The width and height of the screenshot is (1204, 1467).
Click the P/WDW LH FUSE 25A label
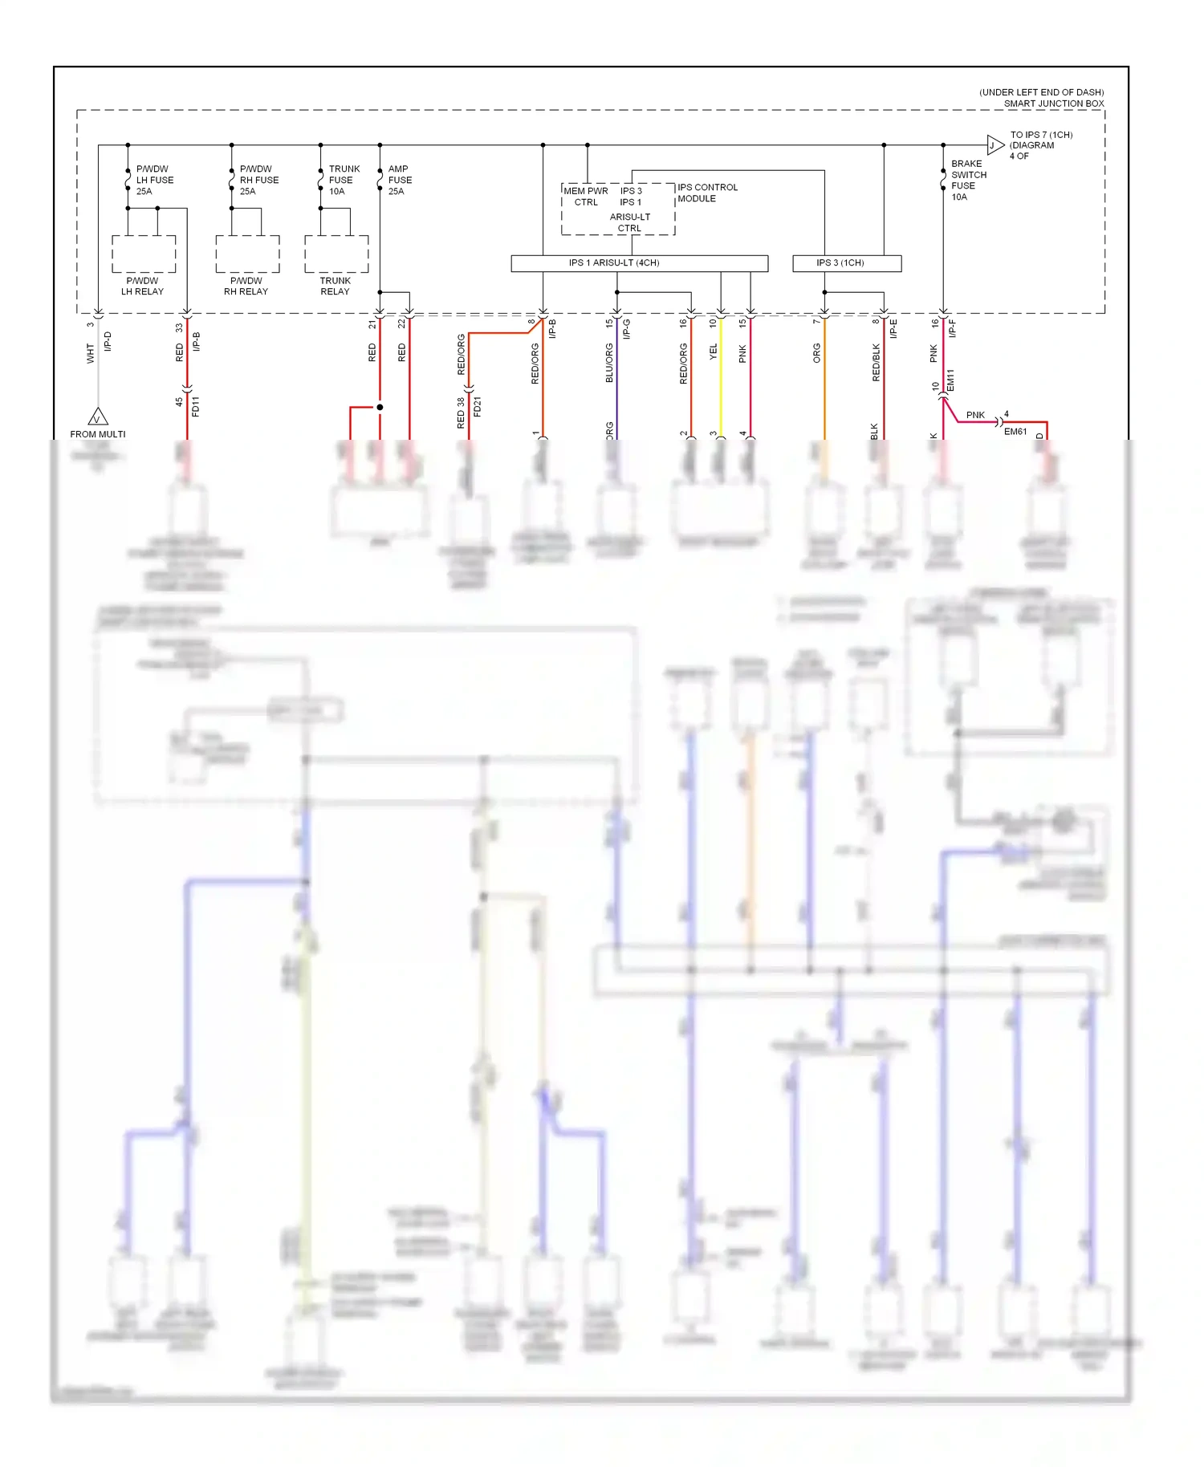[x=154, y=180]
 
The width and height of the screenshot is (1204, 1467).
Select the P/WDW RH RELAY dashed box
[x=247, y=254]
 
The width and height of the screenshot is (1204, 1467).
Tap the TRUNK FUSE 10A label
[x=344, y=180]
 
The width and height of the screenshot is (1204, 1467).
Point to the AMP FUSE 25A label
[x=400, y=180]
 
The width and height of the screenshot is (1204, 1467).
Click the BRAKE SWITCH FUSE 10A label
[x=968, y=180]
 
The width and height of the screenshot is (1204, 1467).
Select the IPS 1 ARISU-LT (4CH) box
[x=639, y=263]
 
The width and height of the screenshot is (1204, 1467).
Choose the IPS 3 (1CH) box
[x=846, y=263]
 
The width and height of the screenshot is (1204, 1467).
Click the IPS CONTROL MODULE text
[x=707, y=193]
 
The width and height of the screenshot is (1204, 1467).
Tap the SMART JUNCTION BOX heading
[x=1053, y=104]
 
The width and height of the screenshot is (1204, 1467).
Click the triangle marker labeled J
[x=994, y=145]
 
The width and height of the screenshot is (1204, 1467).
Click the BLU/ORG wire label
[x=609, y=363]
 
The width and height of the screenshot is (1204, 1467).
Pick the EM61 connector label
[x=1015, y=432]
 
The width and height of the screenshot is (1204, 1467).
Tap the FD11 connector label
[x=195, y=406]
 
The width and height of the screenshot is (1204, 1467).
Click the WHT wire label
[x=90, y=353]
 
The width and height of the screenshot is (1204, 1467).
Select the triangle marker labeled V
[x=98, y=418]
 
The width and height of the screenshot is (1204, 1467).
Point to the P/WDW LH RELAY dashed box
[x=144, y=254]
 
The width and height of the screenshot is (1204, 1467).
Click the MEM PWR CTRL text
[x=586, y=197]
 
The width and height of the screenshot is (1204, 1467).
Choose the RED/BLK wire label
[x=876, y=363]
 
